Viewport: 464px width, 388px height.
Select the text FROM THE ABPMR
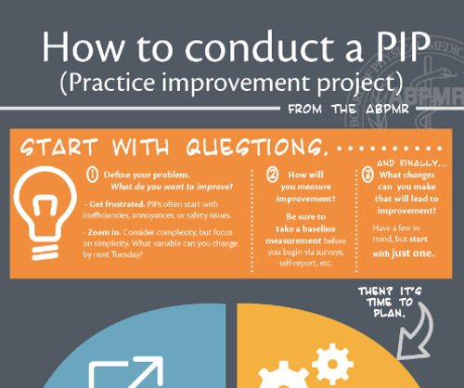[349, 109]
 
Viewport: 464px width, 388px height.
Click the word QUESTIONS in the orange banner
[256, 147]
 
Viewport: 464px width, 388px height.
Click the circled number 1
[92, 175]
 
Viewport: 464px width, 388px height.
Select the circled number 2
[273, 175]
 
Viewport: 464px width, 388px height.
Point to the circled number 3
[367, 175]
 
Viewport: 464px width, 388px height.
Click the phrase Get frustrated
[117, 204]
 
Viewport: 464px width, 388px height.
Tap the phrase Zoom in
[104, 232]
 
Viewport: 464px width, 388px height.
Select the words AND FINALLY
[407, 163]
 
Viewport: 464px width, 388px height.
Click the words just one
[413, 253]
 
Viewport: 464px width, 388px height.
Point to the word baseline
[319, 228]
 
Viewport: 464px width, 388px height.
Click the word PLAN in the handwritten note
[389, 314]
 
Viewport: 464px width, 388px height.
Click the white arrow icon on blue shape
[126, 372]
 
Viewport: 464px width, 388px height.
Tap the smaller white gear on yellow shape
[332, 364]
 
